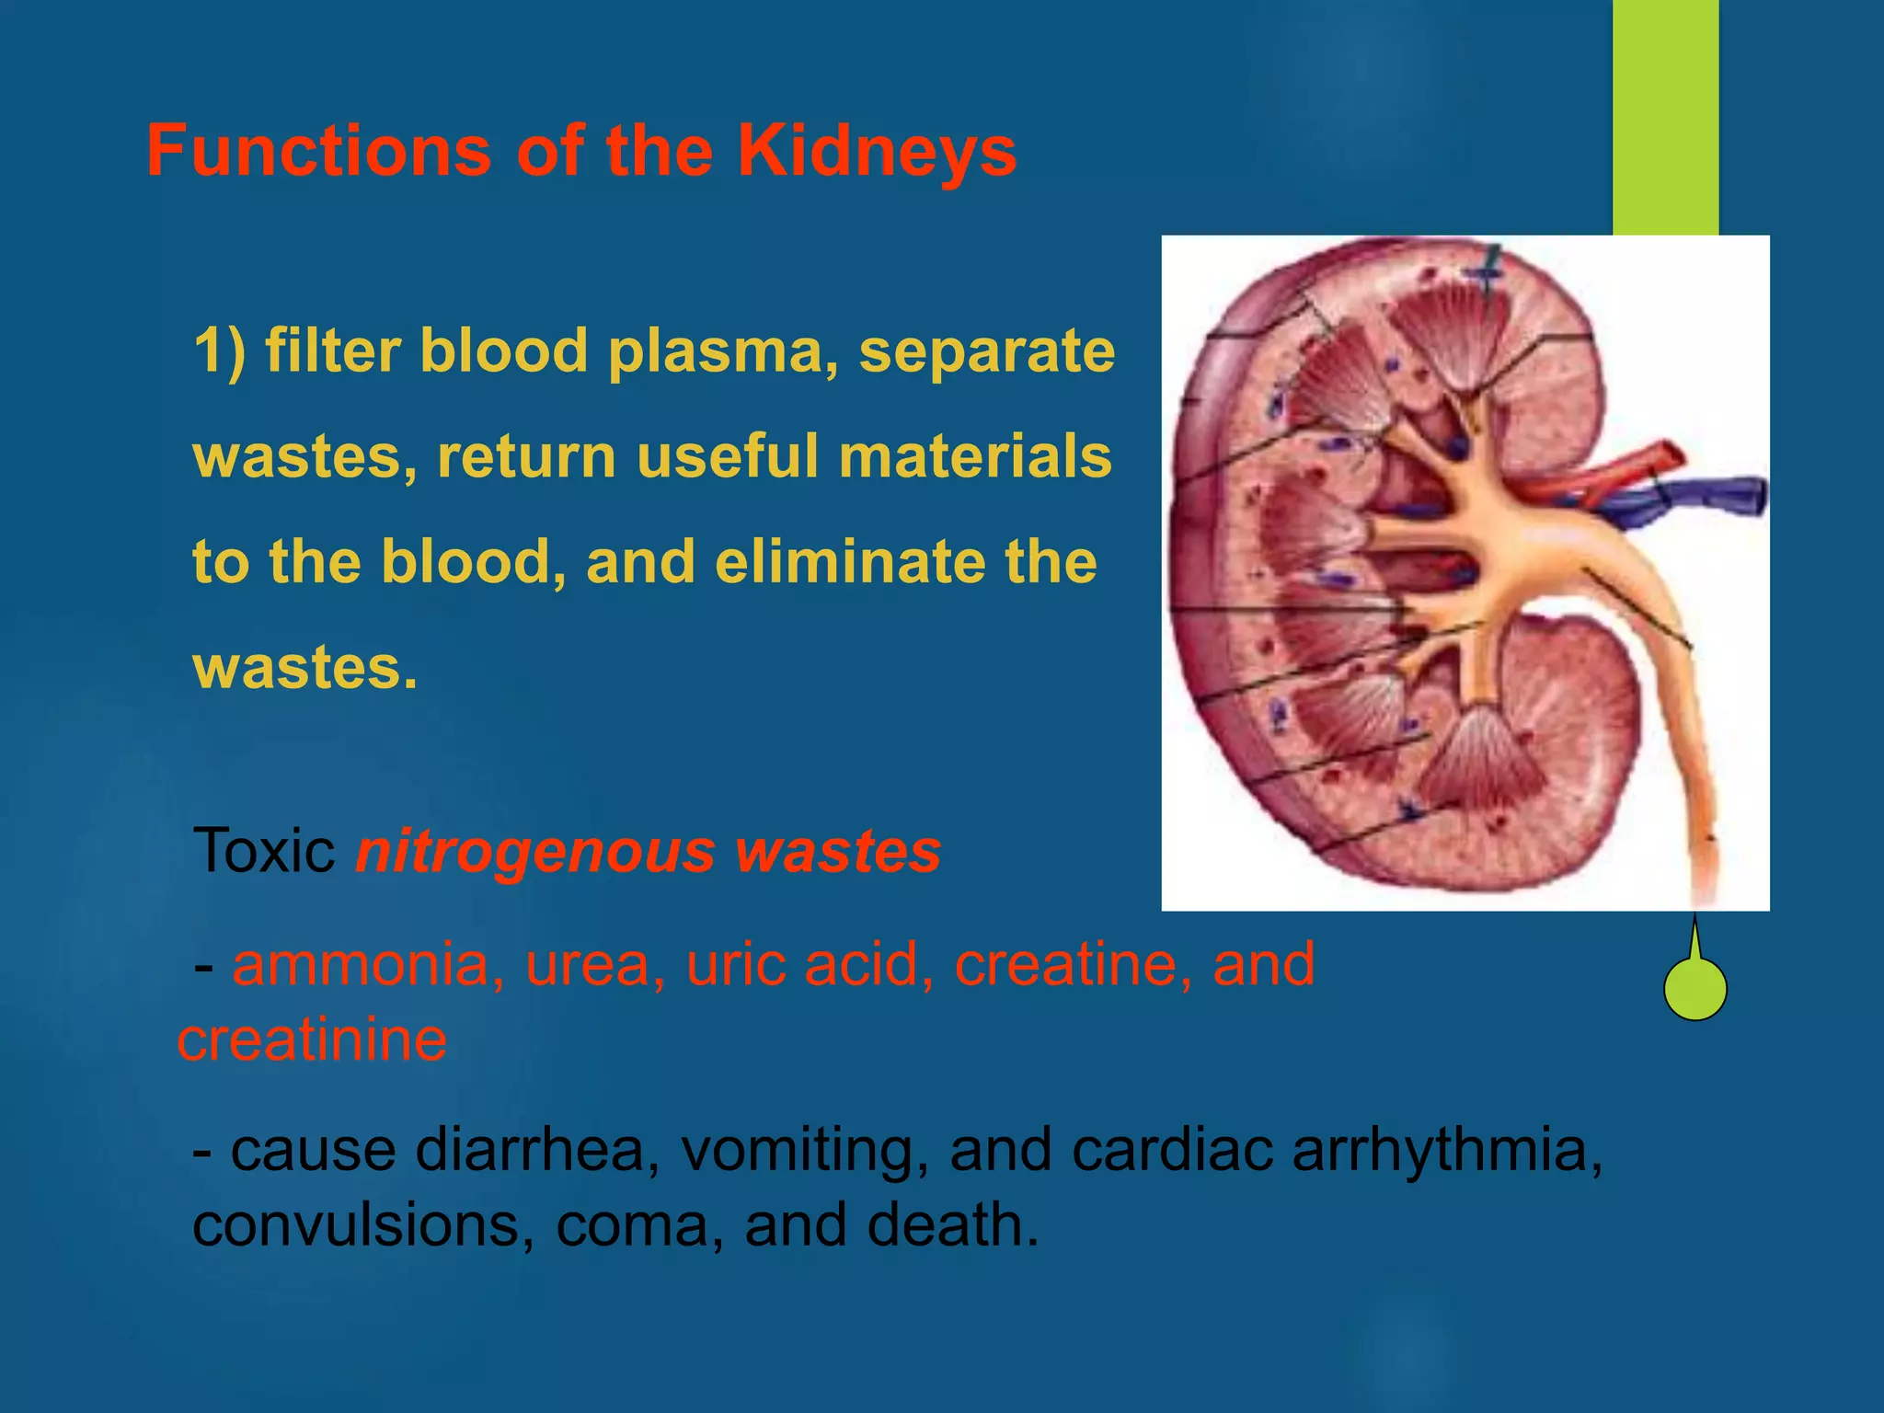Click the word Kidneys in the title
(877, 151)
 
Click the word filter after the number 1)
(335, 351)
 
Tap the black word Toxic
(264, 851)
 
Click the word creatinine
(313, 1040)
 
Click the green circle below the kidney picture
(1695, 989)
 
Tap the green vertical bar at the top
(1665, 115)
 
